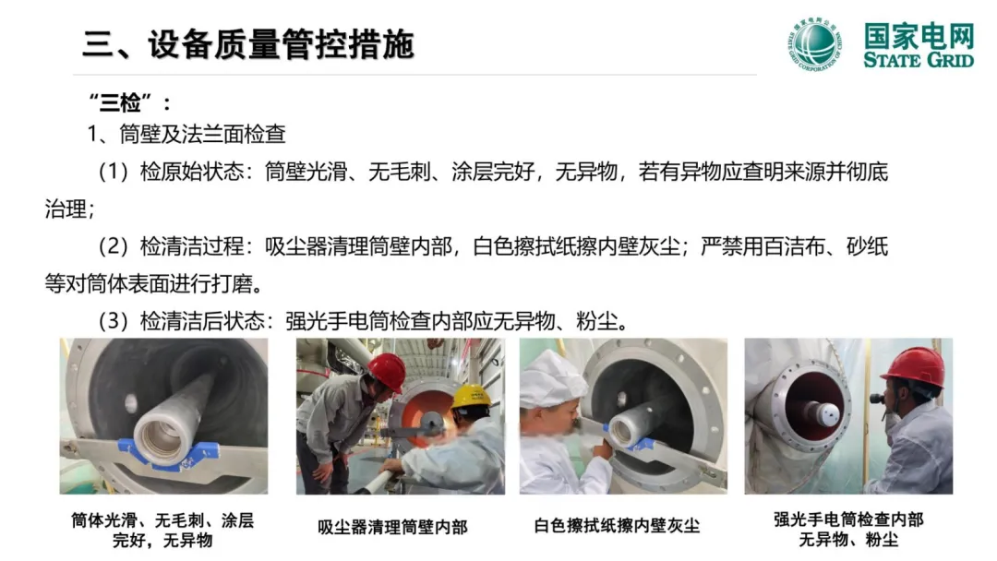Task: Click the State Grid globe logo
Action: point(816,44)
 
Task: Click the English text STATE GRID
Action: point(919,60)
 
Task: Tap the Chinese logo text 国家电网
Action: point(919,36)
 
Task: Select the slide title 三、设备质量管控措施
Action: point(248,44)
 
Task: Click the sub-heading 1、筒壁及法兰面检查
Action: point(186,134)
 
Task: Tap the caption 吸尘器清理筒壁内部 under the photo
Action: point(392,527)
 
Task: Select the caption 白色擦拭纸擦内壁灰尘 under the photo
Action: point(617,526)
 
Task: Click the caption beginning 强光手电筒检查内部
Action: point(848,530)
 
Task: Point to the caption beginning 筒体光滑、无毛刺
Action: point(162,530)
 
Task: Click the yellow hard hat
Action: point(471,397)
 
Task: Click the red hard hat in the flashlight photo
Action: point(916,365)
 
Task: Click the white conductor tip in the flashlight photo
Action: point(828,415)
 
